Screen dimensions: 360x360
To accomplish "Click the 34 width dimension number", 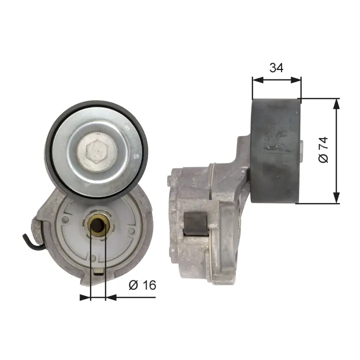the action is point(276,67).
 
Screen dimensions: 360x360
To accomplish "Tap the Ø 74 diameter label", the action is point(323,150).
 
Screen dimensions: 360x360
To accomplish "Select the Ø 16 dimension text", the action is point(142,285).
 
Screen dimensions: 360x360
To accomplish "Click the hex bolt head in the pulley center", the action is point(97,152).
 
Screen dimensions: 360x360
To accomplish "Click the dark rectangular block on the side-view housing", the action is point(196,223).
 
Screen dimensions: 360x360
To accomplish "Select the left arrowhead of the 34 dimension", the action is point(257,80).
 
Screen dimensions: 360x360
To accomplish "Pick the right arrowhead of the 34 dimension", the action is point(295,80).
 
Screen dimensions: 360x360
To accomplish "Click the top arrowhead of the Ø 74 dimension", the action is point(336,104).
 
